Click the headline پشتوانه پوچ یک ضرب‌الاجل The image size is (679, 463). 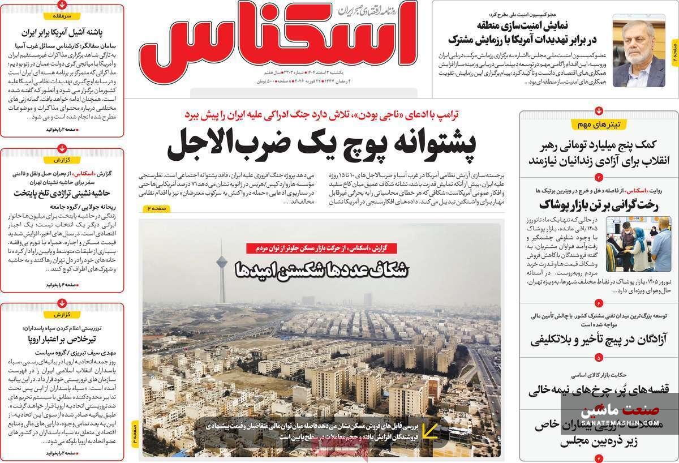[x=321, y=145]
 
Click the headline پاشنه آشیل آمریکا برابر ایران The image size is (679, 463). [x=63, y=32]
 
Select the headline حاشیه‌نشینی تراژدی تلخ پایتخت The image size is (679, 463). [x=62, y=194]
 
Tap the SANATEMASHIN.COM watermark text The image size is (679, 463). [x=620, y=422]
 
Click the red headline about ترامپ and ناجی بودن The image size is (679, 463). [x=322, y=114]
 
